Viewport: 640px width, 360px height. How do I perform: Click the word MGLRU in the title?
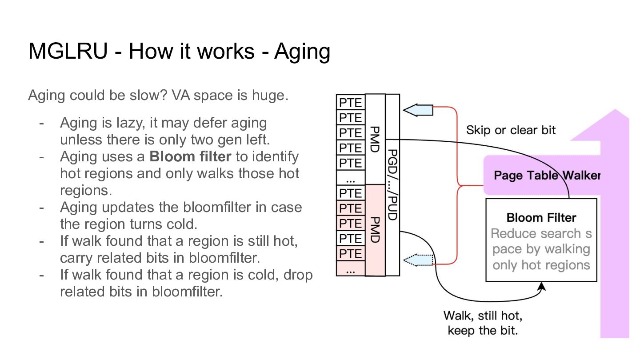[x=68, y=51]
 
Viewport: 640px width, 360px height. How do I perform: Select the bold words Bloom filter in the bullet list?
[x=190, y=156]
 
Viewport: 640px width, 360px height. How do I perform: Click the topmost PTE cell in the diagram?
[x=351, y=102]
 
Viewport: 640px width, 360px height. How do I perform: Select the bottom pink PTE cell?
[x=351, y=253]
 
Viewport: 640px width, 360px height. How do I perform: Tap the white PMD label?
[x=375, y=140]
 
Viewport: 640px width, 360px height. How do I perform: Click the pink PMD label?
[x=375, y=230]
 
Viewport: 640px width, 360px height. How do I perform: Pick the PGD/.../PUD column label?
[x=392, y=185]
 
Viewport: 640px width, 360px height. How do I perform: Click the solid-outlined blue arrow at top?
[x=418, y=110]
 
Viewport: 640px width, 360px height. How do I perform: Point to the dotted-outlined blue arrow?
[x=418, y=260]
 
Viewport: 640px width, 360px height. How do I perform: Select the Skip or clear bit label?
[x=511, y=130]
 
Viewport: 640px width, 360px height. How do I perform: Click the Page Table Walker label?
[x=547, y=175]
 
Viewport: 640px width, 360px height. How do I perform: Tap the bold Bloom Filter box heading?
[x=541, y=218]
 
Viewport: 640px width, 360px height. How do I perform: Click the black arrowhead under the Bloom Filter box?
[x=541, y=286]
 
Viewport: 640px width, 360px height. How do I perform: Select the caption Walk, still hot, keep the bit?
[x=483, y=323]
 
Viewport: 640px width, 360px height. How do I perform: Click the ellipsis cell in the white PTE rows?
[x=351, y=178]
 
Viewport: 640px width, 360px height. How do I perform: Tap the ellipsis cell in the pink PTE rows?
[x=351, y=268]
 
